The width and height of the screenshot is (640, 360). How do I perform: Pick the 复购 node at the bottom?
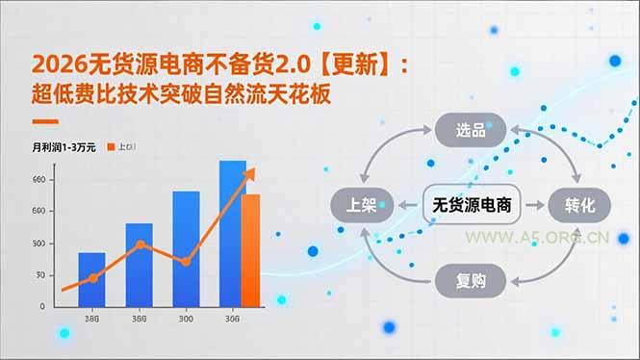pyautogui.click(x=470, y=280)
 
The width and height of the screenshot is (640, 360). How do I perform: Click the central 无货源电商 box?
pyautogui.click(x=471, y=204)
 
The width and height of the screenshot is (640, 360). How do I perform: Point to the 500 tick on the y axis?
pyautogui.click(x=38, y=243)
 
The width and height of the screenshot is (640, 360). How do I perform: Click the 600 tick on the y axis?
pyautogui.click(x=38, y=211)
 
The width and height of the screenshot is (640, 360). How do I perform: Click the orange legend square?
pyautogui.click(x=111, y=147)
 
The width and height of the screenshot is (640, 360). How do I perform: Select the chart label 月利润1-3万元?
pyautogui.click(x=64, y=147)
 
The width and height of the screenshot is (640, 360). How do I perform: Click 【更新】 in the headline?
pyautogui.click(x=356, y=64)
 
